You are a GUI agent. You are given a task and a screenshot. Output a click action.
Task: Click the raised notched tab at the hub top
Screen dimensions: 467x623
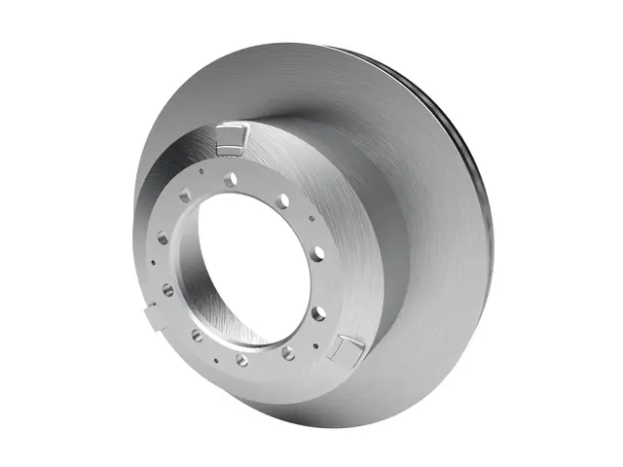click(233, 138)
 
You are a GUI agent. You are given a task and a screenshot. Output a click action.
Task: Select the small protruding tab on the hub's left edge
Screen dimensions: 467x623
click(150, 313)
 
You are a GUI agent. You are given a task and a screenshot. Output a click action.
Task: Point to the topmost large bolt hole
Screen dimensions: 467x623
click(230, 180)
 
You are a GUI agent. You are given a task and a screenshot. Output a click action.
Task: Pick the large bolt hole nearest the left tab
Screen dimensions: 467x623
click(167, 289)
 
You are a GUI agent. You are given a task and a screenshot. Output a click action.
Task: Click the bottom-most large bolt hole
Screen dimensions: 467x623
click(241, 359)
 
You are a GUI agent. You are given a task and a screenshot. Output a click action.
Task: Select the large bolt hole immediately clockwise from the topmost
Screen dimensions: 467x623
click(282, 200)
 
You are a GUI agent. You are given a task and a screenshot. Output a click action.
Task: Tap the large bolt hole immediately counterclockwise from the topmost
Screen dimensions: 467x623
click(185, 196)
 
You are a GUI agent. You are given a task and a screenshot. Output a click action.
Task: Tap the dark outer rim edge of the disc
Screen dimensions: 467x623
click(477, 195)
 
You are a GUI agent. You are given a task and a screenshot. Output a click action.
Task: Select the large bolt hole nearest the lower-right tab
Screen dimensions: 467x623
click(289, 353)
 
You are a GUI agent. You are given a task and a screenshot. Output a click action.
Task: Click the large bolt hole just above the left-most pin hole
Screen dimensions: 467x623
click(163, 237)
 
